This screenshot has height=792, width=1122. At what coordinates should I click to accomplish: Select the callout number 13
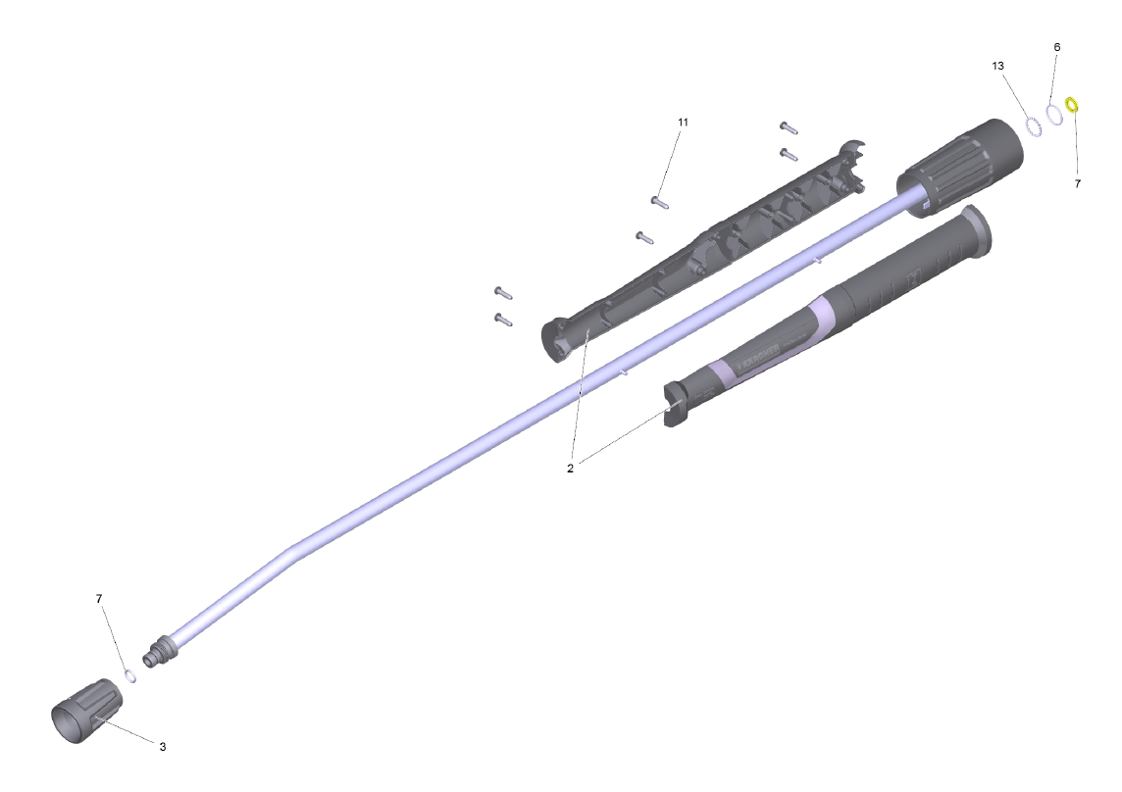(997, 66)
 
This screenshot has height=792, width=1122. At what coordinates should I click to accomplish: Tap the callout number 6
(1057, 47)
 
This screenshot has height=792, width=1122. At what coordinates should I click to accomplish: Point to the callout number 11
(683, 123)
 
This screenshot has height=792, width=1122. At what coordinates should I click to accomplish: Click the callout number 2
(570, 469)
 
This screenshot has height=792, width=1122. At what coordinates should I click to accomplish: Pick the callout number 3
(163, 746)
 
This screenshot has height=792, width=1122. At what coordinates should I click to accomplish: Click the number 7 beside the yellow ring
(1078, 184)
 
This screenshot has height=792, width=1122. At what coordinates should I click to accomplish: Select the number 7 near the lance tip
(99, 598)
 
